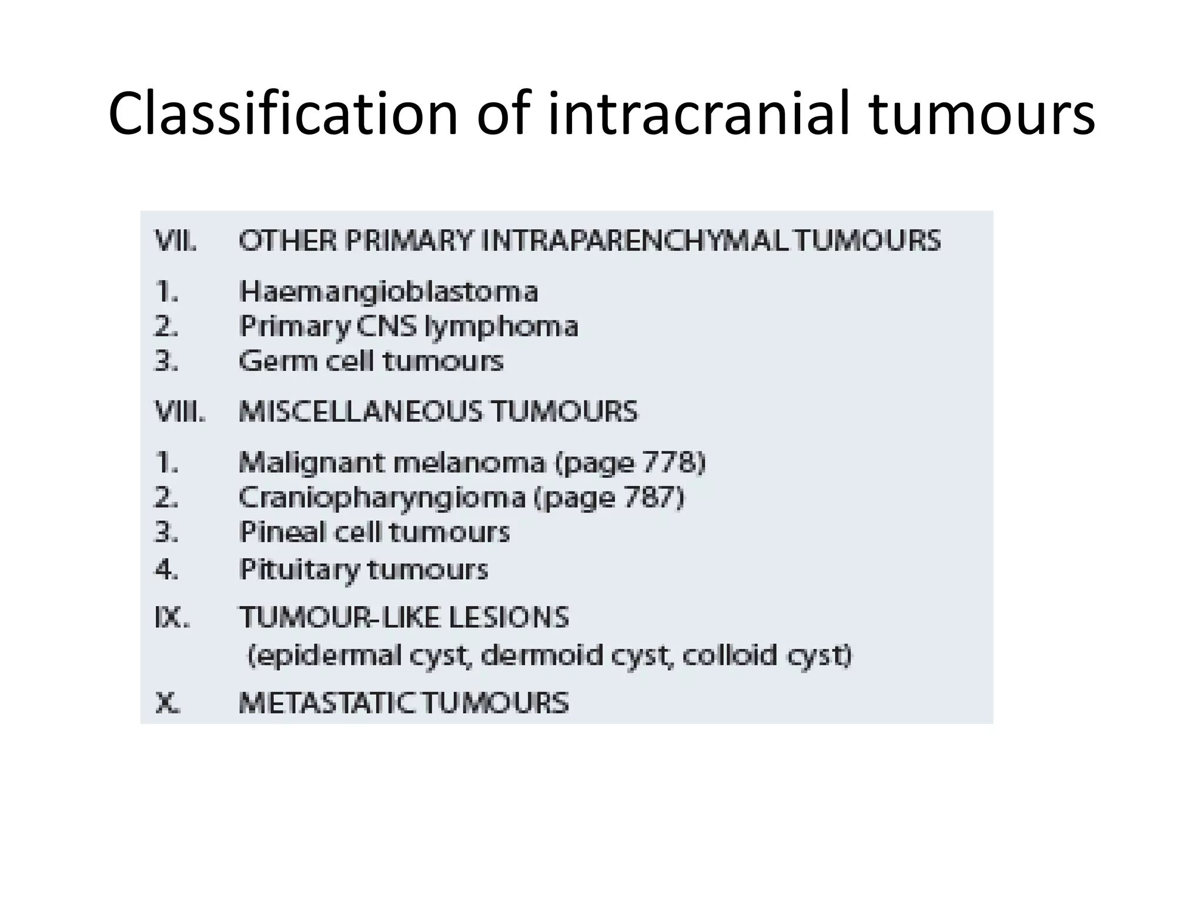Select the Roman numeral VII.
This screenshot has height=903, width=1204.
point(175,241)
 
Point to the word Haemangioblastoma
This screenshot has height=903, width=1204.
point(389,292)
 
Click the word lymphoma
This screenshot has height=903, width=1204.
point(501,327)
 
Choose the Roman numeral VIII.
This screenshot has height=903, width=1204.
point(180,411)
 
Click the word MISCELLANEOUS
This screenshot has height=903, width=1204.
point(361,411)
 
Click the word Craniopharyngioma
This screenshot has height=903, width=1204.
point(382,499)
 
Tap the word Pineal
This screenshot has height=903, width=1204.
point(283,532)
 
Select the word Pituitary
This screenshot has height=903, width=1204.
point(299,570)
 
